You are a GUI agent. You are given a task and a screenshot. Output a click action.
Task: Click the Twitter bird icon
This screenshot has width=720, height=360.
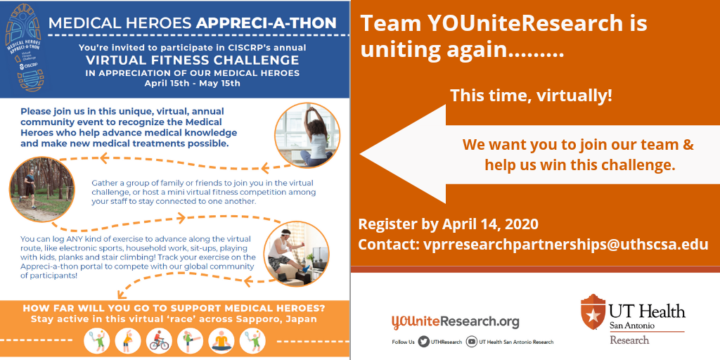(423, 342)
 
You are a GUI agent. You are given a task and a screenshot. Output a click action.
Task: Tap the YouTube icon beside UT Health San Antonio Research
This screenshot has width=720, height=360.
(471, 342)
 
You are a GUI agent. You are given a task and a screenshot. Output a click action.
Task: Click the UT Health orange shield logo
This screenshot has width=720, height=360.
(593, 311)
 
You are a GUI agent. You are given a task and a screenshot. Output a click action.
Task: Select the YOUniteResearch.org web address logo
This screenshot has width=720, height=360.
(455, 321)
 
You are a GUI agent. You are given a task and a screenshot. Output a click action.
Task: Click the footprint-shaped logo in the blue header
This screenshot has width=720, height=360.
(23, 48)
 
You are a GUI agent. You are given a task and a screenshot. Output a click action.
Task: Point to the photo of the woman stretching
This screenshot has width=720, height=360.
(307, 134)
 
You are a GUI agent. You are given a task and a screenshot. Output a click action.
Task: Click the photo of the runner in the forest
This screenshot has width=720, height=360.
(42, 189)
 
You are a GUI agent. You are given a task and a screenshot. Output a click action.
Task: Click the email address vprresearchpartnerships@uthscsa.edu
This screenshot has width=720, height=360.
(564, 245)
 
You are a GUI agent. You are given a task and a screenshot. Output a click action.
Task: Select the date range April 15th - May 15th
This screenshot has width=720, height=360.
(193, 84)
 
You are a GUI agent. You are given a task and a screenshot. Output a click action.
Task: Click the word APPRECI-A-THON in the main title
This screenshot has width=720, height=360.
(266, 23)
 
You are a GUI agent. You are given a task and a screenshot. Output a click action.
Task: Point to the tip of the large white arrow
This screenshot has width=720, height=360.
(360, 154)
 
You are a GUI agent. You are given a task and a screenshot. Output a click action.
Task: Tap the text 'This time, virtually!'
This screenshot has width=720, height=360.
(531, 96)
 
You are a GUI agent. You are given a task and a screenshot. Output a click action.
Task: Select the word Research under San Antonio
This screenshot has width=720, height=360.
(629, 340)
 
